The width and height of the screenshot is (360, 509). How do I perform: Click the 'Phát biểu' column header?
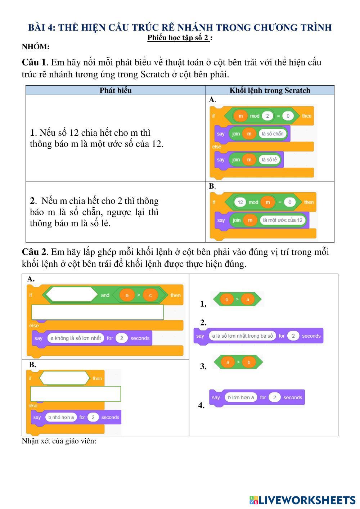coord(115,90)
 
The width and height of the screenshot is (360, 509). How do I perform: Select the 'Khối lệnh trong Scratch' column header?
coord(270,90)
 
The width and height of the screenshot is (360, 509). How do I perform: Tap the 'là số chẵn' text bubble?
coord(273,134)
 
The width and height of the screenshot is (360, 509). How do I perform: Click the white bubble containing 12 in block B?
coord(240,202)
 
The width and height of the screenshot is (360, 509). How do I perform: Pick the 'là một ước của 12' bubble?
coord(283,220)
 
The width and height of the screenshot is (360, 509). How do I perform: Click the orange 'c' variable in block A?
coord(150,296)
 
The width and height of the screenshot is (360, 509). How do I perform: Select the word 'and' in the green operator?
coord(105,296)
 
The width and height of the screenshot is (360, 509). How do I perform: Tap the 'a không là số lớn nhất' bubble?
coord(76,338)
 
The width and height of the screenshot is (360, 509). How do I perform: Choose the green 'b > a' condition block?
coord(237,299)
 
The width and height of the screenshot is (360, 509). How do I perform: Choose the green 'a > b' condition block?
coord(238,362)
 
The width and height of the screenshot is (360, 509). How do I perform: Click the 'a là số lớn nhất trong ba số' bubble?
coord(242,336)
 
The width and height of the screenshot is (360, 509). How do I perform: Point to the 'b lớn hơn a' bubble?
coord(240,398)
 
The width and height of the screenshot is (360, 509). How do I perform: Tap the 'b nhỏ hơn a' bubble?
coord(60,418)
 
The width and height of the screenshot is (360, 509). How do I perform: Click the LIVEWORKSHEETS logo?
coord(302,500)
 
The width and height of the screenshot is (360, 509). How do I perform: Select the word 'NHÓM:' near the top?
coord(36,47)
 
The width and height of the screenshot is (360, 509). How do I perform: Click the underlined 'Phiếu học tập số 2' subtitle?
coord(178,38)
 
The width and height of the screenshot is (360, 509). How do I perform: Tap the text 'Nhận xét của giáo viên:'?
coord(59,441)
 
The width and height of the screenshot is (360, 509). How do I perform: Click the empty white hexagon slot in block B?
coord(64,378)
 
